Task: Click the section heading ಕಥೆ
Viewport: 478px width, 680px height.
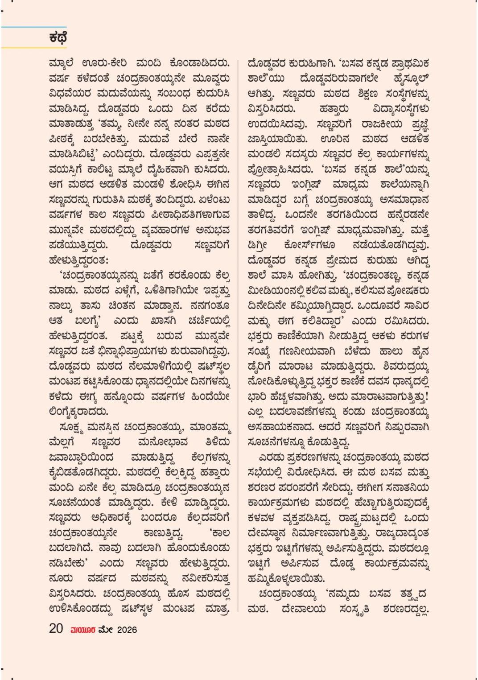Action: tap(58, 38)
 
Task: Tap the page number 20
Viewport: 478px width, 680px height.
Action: tap(56, 629)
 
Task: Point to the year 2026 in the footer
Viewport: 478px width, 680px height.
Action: tap(127, 630)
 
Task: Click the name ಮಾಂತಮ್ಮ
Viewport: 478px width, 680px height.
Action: tap(210, 429)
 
